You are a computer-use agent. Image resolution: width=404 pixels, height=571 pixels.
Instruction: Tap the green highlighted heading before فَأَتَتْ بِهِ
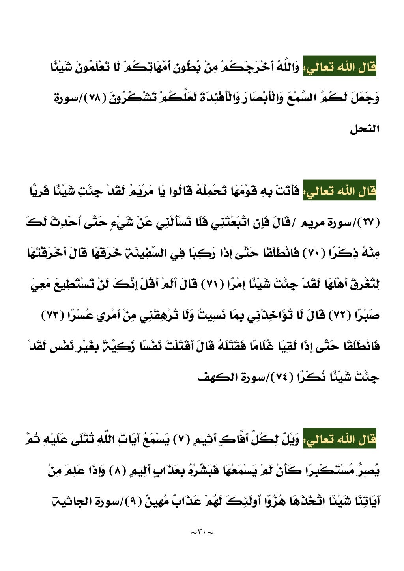point(339,192)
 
